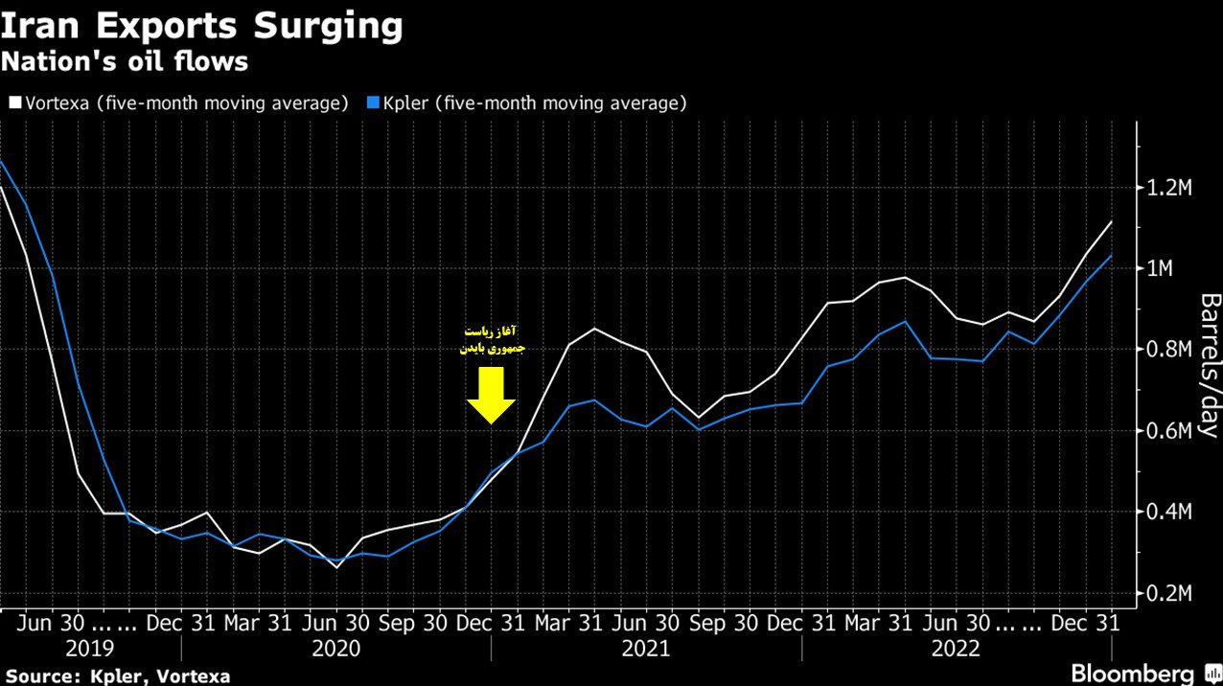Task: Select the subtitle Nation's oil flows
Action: click(125, 62)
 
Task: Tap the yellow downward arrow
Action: click(492, 393)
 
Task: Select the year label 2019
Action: click(89, 649)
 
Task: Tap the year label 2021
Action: click(646, 649)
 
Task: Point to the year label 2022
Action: click(957, 649)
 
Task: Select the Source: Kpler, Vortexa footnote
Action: click(117, 675)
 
